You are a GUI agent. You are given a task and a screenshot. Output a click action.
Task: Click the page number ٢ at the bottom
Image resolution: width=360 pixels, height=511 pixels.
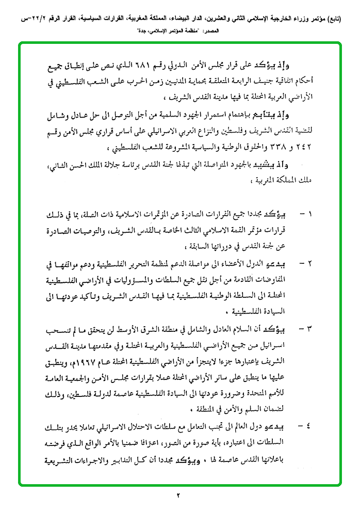[180, 497]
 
